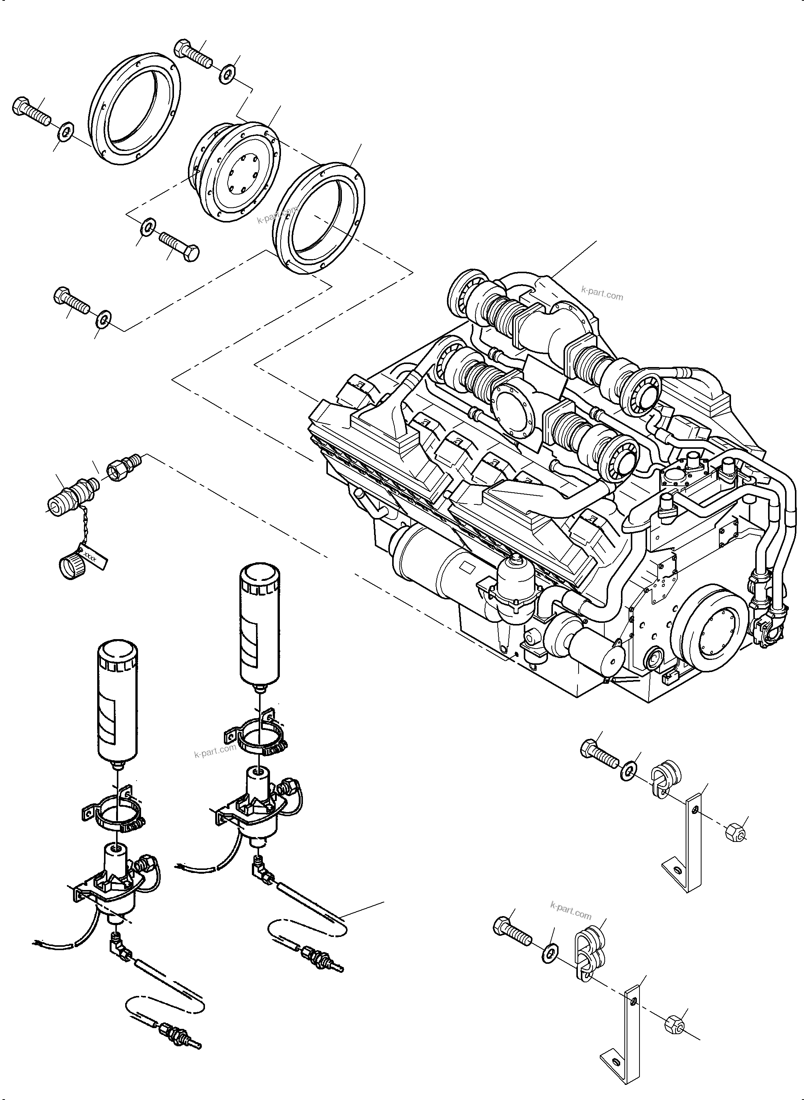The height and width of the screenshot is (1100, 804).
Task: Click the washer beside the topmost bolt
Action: coord(226,75)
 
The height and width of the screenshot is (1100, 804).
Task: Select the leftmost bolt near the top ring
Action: coord(30,112)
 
